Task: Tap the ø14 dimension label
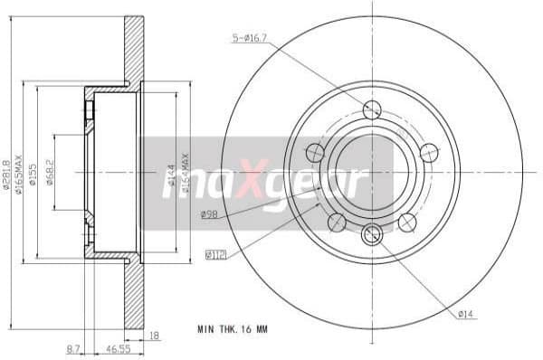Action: (466, 314)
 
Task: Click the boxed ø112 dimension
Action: (216, 255)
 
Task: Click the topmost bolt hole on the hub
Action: (371, 109)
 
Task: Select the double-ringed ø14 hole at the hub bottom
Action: (371, 237)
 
